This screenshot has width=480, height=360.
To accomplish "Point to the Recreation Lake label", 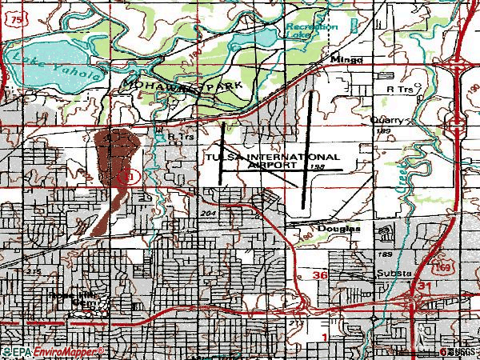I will pos(312,31).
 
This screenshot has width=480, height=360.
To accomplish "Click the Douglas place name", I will pos(339,228).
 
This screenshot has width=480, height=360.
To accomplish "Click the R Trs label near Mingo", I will pos(397,90).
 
